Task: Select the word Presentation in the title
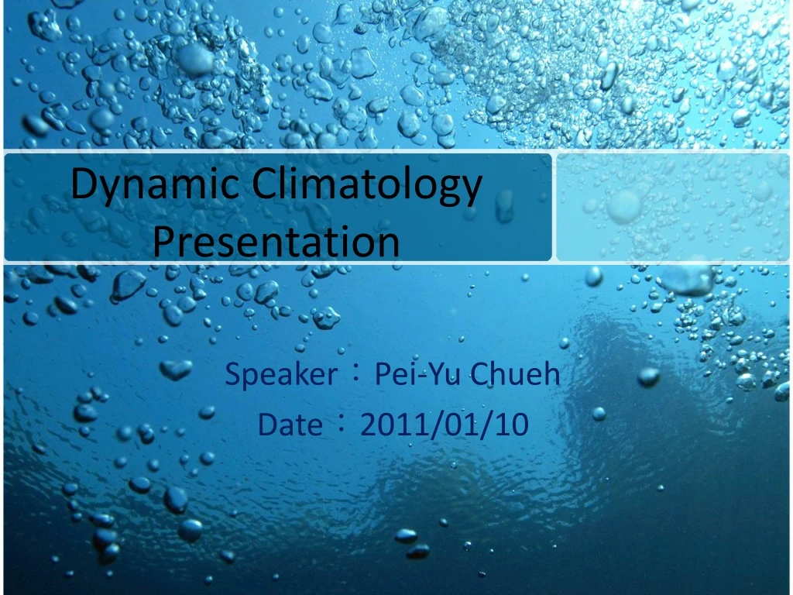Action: click(x=276, y=241)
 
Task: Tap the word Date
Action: click(x=290, y=425)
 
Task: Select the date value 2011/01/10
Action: click(x=445, y=425)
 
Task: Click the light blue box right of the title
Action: click(x=672, y=207)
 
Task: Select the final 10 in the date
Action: click(x=512, y=425)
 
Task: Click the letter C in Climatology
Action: click(x=262, y=186)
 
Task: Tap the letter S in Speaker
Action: click(x=232, y=376)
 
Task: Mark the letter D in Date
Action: click(x=266, y=425)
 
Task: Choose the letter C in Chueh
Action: click(x=480, y=376)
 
